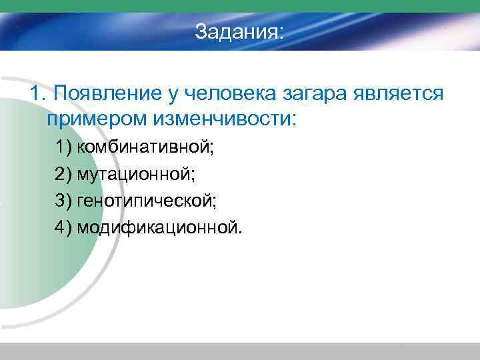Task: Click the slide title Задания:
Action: coord(239,31)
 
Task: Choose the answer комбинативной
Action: coord(145,147)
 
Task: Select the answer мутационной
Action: coord(136,174)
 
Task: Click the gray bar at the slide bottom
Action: coord(240,351)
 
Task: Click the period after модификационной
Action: coord(242,233)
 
